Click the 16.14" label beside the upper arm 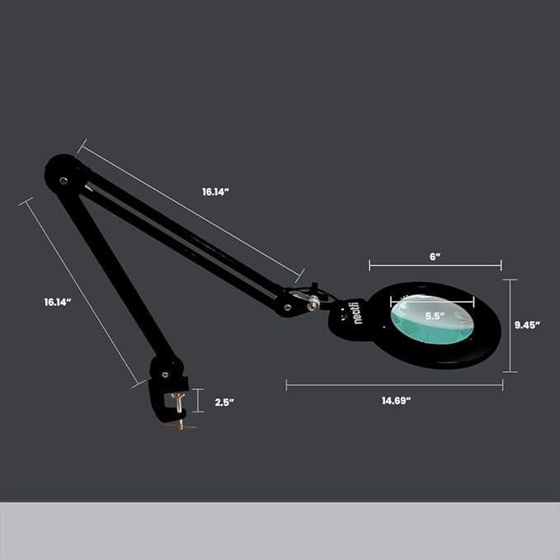click(x=215, y=192)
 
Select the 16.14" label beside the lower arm click(x=58, y=302)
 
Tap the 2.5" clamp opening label click(x=224, y=402)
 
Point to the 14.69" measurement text click(x=396, y=401)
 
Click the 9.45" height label click(x=527, y=325)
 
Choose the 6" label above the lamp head click(x=435, y=256)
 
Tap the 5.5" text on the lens click(x=435, y=316)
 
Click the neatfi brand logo click(x=357, y=313)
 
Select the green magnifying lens click(x=432, y=319)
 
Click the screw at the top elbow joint click(x=64, y=181)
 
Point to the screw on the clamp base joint click(x=165, y=374)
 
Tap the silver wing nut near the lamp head click(x=313, y=304)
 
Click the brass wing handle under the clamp click(x=184, y=426)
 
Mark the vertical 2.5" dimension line click(x=198, y=400)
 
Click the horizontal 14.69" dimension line click(x=395, y=385)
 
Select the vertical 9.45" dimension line click(x=510, y=326)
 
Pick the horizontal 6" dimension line click(x=435, y=266)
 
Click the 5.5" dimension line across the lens click(x=432, y=302)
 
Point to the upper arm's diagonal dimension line click(x=191, y=210)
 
